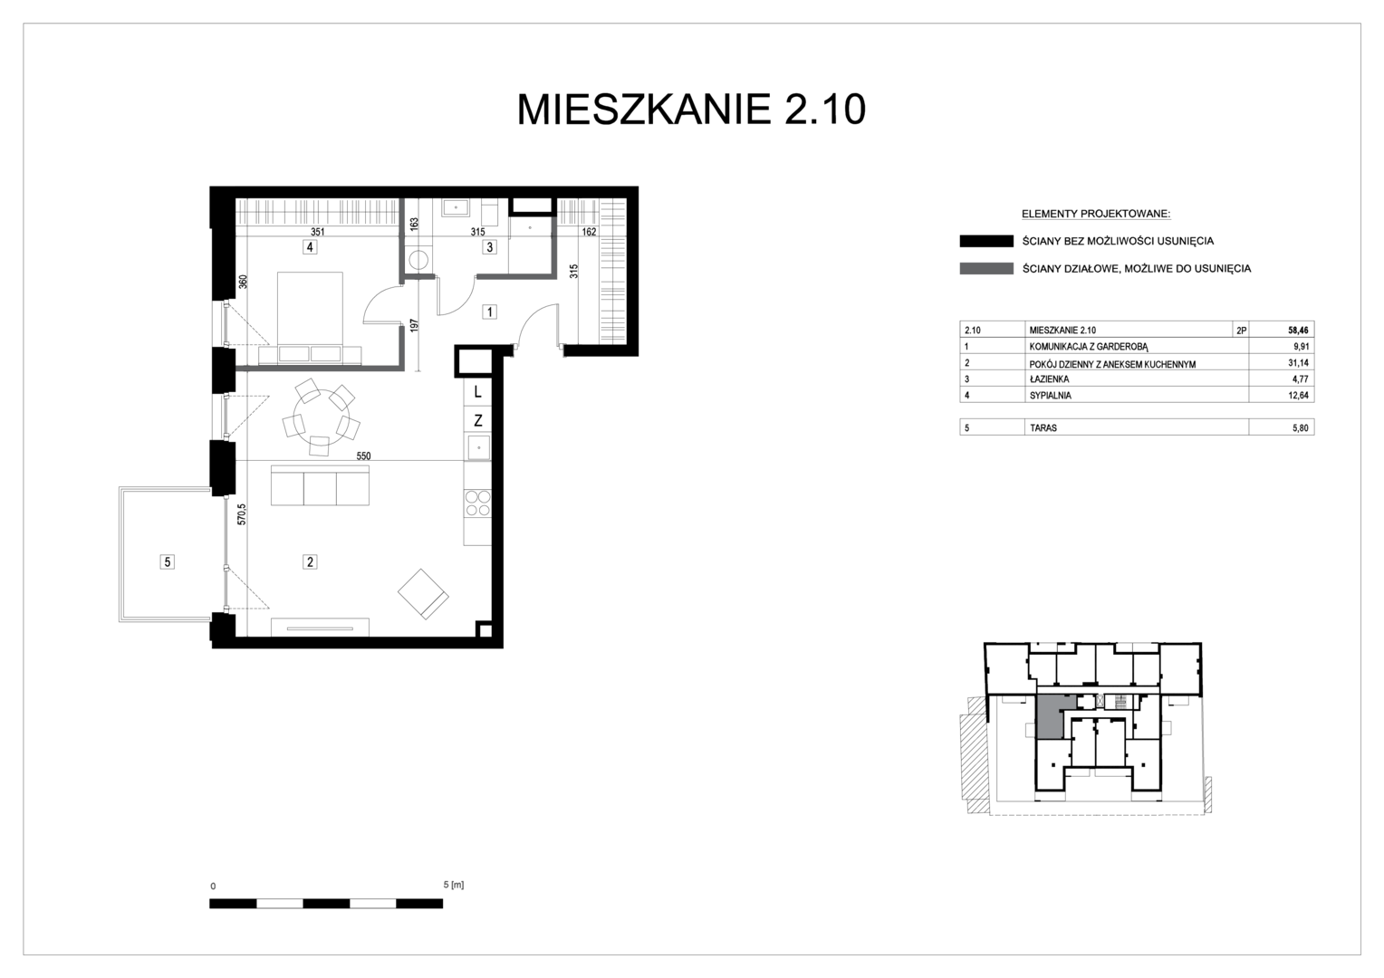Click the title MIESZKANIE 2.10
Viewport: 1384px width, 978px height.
691,110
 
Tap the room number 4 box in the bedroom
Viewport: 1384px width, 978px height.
310,247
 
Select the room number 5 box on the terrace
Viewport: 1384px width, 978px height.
167,561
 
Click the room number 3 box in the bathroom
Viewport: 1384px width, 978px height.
489,247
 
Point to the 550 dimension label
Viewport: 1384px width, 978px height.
363,455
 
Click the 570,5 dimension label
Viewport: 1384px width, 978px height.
242,514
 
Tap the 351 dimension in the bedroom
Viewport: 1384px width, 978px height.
317,232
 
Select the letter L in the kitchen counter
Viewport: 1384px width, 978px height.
477,392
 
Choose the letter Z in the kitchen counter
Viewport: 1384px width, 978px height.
477,421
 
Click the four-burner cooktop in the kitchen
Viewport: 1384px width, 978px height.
477,503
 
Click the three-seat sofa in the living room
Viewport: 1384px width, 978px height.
320,485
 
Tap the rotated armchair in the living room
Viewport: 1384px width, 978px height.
423,594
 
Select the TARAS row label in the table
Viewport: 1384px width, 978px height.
1043,427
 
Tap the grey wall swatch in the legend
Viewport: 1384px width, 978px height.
986,269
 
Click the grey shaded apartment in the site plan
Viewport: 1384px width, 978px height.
1048,717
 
